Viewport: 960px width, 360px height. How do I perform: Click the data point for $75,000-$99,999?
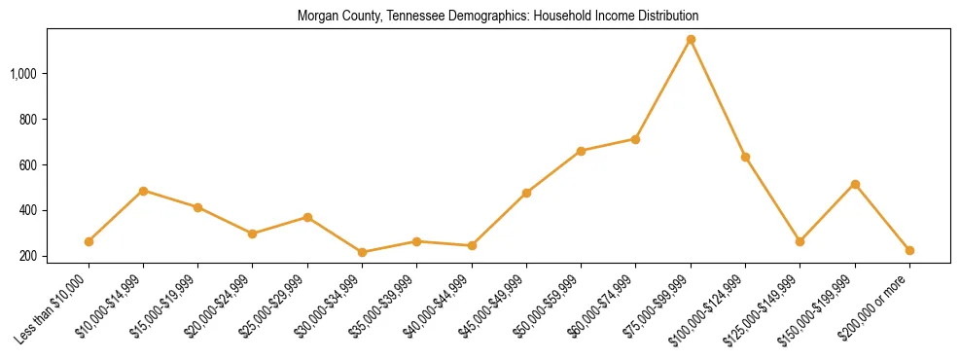click(691, 40)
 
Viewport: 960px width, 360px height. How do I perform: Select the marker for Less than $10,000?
click(89, 241)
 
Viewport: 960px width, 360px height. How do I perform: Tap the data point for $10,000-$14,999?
click(144, 191)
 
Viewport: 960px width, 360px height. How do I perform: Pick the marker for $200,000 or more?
click(909, 250)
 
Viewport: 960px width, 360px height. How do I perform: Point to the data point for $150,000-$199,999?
click(855, 184)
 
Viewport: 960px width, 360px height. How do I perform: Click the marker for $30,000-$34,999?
click(363, 252)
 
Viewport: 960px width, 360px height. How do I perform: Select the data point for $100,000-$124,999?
click(745, 157)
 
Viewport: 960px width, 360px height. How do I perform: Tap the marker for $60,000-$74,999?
click(636, 139)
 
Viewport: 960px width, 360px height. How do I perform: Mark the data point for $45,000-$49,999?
click(526, 193)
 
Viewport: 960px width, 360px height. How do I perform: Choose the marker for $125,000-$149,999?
click(800, 241)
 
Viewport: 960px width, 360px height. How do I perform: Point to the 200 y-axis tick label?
click(54, 257)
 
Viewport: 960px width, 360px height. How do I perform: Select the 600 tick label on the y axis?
click(54, 165)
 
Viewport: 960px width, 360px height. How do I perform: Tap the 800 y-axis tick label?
click(54, 120)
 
